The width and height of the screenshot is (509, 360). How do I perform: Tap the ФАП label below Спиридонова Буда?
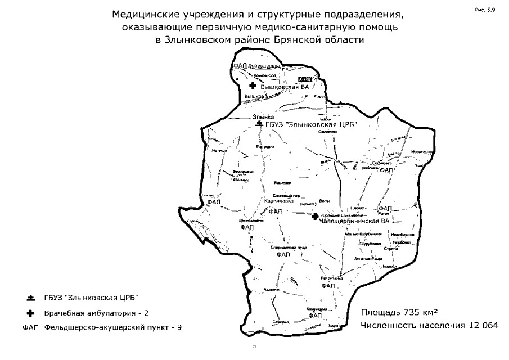(283, 255)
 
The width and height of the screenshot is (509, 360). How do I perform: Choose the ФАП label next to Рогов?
(385, 208)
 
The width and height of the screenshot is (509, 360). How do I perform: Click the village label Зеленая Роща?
(368, 258)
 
